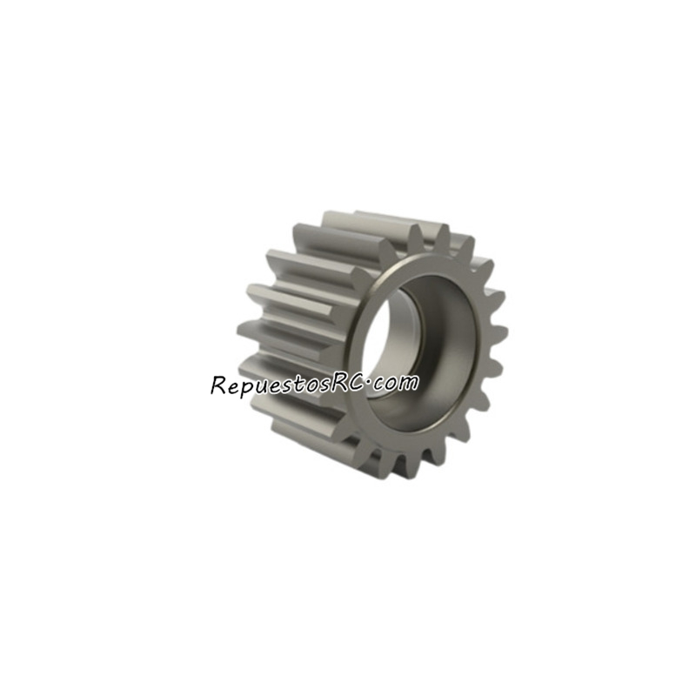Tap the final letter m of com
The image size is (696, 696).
pos(409,383)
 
